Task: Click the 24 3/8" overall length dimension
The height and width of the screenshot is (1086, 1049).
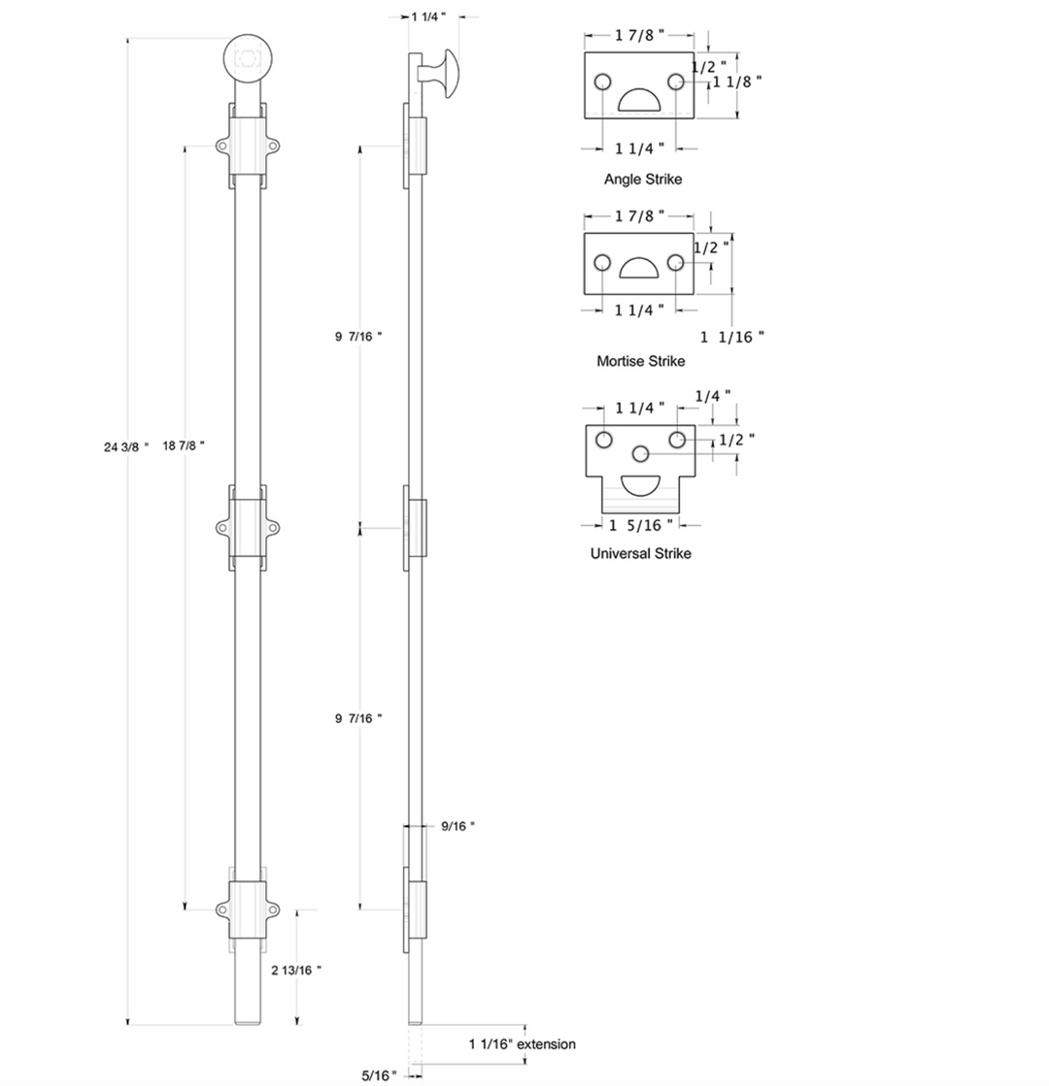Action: (x=126, y=447)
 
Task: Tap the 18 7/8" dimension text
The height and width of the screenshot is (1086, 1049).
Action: (x=184, y=446)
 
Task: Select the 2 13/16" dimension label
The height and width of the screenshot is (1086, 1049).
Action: (x=296, y=971)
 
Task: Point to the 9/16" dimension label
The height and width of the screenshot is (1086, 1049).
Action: (x=458, y=826)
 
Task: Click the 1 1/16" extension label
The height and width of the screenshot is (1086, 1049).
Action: (x=523, y=1043)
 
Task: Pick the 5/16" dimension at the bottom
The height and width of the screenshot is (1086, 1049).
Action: (x=379, y=1075)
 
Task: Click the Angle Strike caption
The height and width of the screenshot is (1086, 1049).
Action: (x=643, y=180)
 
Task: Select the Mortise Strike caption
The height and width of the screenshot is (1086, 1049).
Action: (x=641, y=361)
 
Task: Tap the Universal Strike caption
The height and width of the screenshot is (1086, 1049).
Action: (x=641, y=553)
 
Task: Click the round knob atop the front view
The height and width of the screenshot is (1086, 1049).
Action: (x=248, y=59)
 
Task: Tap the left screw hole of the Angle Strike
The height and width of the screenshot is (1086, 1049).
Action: (x=602, y=82)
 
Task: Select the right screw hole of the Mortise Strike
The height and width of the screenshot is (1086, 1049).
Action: (x=676, y=263)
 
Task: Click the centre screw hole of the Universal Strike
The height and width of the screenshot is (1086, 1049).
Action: (x=641, y=453)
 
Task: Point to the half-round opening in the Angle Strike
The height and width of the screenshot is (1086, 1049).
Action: (x=638, y=100)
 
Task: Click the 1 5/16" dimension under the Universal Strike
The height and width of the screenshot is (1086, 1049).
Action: (x=641, y=526)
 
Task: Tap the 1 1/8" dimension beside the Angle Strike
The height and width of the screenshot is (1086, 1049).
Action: (x=737, y=82)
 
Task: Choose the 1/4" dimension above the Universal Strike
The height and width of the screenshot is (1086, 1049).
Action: (x=713, y=396)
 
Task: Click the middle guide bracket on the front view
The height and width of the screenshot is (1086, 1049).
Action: (x=248, y=528)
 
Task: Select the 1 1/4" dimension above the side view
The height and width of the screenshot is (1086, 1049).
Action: (x=428, y=16)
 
